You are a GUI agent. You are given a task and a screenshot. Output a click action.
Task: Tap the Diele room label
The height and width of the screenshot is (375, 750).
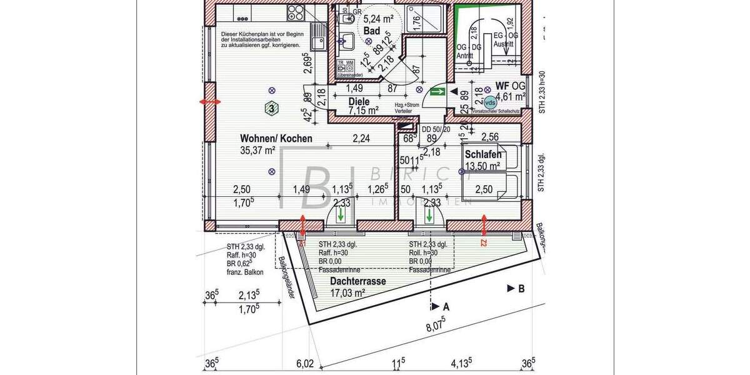(359, 101)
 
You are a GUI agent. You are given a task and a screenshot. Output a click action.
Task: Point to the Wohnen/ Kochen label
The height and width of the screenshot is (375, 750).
(276, 139)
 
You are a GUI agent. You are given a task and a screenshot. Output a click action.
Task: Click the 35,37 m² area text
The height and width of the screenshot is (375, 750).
(258, 150)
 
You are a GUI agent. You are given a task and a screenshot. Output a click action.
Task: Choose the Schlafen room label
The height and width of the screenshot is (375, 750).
(484, 155)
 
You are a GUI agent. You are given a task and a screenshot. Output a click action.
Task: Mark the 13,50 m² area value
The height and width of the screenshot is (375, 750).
(482, 166)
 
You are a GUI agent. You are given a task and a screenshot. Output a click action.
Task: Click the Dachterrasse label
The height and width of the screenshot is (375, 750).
(357, 281)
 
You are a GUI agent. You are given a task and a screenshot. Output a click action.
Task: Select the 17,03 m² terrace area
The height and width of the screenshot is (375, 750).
(347, 292)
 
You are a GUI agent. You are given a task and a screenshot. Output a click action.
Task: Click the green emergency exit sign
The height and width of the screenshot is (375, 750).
(437, 92)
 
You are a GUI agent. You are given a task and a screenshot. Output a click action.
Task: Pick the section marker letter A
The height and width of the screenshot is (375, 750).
(446, 307)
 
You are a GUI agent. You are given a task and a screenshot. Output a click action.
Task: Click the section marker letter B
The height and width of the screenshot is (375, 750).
(520, 288)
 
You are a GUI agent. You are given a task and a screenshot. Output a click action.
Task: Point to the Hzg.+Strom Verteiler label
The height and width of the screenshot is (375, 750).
(406, 107)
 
